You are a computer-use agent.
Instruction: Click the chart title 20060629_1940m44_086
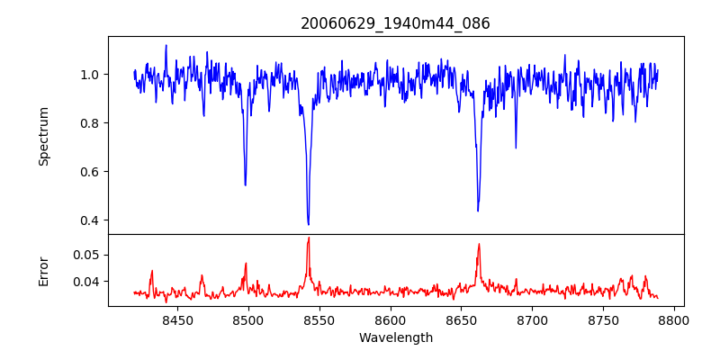pyautogui.click(x=395, y=23)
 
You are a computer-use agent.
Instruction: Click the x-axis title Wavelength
pyautogui.click(x=395, y=337)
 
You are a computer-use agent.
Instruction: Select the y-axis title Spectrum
pyautogui.click(x=44, y=136)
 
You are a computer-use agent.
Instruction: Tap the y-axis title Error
pyautogui.click(x=44, y=270)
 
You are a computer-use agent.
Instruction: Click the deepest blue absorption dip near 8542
pyautogui.click(x=308, y=224)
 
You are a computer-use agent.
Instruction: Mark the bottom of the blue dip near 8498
pyautogui.click(x=245, y=185)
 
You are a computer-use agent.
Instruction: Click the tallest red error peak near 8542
pyautogui.click(x=308, y=238)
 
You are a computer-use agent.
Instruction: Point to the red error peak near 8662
pyautogui.click(x=479, y=244)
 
